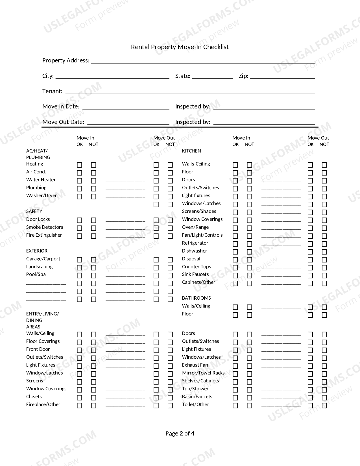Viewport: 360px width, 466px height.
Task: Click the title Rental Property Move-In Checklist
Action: click(x=180, y=47)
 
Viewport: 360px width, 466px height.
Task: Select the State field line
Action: click(x=212, y=78)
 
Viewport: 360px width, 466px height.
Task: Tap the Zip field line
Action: click(x=282, y=78)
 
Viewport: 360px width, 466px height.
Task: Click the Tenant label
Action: click(x=52, y=91)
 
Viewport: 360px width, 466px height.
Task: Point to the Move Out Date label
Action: click(x=63, y=122)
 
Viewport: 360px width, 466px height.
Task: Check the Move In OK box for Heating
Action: click(x=80, y=165)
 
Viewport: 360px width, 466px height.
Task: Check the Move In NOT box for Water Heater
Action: click(x=93, y=181)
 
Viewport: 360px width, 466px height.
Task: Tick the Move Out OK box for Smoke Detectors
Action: click(x=156, y=228)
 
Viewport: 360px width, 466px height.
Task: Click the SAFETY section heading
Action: click(x=34, y=211)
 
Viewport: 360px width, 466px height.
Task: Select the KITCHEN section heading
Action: click(x=191, y=151)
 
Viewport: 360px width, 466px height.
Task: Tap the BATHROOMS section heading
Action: click(x=196, y=298)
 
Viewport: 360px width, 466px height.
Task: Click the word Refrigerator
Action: click(x=195, y=243)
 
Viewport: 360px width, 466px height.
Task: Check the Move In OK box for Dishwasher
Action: click(x=235, y=252)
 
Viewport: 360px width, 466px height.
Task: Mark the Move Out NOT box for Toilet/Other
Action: click(x=324, y=406)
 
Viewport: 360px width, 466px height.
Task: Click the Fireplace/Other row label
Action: click(x=43, y=404)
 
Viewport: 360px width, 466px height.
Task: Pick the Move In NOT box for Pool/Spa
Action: click(x=93, y=275)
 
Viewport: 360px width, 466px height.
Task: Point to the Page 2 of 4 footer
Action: click(x=180, y=434)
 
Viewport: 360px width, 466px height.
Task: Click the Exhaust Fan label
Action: click(x=195, y=365)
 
